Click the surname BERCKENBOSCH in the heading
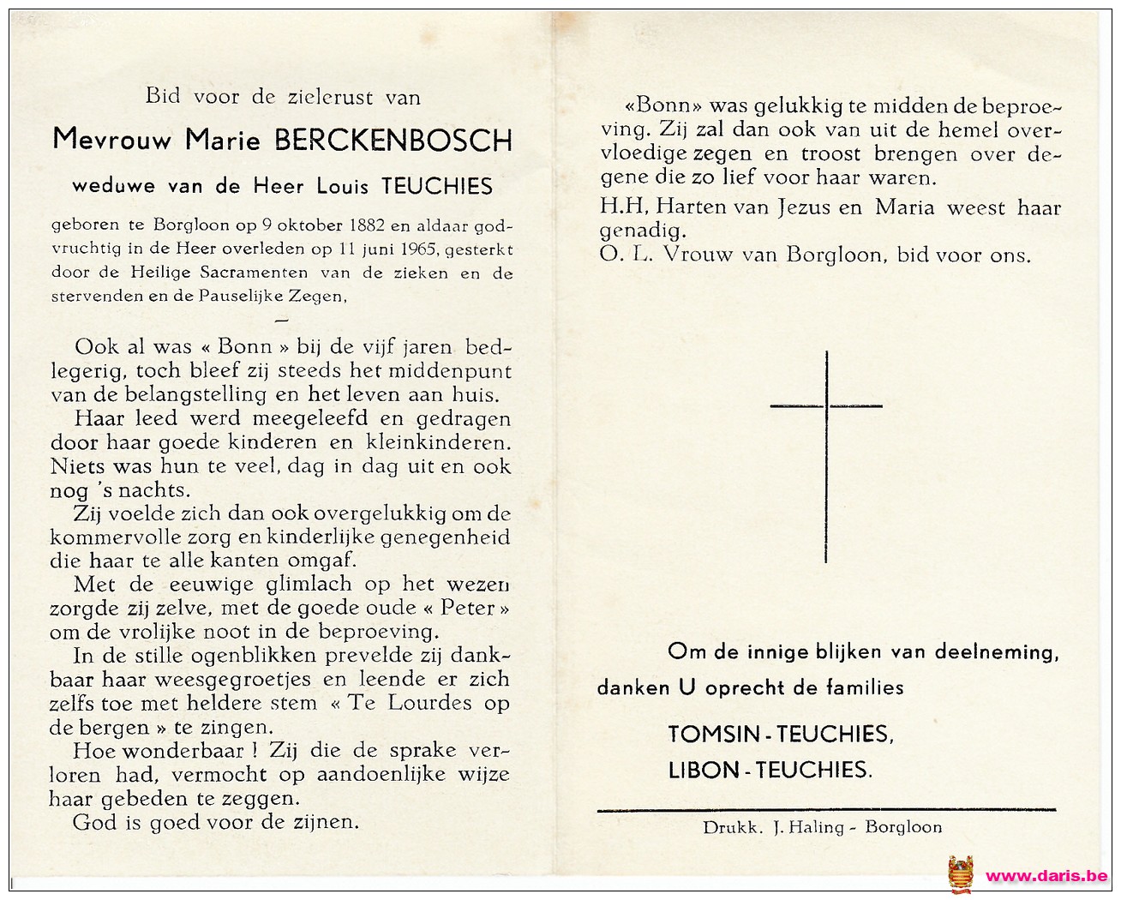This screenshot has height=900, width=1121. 393,140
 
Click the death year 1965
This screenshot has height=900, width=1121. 415,250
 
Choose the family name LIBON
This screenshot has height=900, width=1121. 704,771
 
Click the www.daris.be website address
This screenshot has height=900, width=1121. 1046,876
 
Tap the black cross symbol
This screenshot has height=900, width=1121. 826,454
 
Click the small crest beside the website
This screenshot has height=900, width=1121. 960,874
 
